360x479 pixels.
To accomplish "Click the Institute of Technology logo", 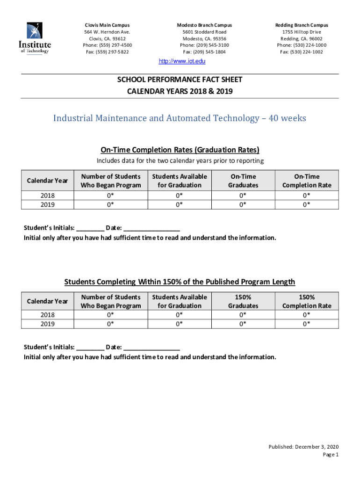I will coord(35,38).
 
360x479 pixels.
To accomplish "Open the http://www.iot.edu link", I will coord(180,61).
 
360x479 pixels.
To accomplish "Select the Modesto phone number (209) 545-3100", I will coord(204,45).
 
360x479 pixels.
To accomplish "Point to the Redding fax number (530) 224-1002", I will coord(301,52).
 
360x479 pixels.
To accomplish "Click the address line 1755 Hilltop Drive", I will coord(302,32).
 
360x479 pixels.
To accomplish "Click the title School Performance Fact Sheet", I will coord(180,80).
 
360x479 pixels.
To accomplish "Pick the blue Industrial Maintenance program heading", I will coord(180,118).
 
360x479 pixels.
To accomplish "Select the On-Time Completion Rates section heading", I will coord(180,150).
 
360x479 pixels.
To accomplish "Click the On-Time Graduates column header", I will coord(243,181).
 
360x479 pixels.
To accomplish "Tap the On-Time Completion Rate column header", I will coord(307,181).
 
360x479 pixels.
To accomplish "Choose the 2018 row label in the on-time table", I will coord(47,196).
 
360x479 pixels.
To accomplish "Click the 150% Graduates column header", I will coord(243,301).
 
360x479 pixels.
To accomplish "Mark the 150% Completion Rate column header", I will coord(307,301).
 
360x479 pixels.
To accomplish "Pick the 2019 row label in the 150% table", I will coord(47,324).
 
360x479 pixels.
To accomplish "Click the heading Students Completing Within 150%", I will coord(180,282).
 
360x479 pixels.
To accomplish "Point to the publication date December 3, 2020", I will coord(303,447).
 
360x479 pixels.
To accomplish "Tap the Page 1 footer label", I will coord(330,454).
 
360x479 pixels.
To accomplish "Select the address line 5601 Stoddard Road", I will coord(204,32).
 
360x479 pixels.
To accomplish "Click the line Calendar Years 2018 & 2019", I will coord(180,91).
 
